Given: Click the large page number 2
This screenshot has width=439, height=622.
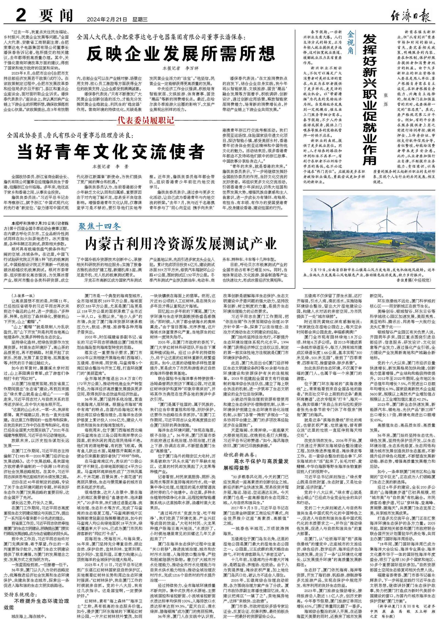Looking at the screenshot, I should click(21, 15).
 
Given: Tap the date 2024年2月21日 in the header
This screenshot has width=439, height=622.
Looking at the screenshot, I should click(107, 19).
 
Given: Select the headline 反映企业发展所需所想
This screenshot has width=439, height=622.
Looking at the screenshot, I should click(181, 53).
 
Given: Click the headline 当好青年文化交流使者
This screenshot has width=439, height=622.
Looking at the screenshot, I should click(111, 152).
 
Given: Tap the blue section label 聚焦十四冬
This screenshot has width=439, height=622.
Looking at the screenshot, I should click(100, 226).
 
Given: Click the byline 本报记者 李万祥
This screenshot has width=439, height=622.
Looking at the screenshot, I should click(181, 68).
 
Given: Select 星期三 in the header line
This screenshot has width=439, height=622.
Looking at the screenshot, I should click(140, 19).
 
